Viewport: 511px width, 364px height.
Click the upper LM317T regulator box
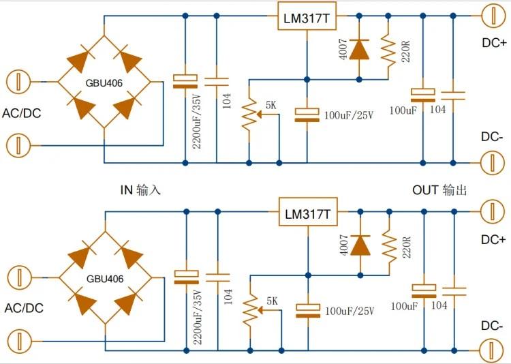[x=307, y=16]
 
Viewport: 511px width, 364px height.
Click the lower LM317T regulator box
[x=308, y=212]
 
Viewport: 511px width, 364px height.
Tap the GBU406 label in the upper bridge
[x=104, y=83]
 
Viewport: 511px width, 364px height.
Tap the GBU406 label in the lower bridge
[x=105, y=279]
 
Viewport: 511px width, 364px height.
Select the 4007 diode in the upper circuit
[x=359, y=50]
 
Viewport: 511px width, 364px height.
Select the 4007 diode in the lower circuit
[x=360, y=245]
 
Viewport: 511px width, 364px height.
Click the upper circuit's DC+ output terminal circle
[x=493, y=15]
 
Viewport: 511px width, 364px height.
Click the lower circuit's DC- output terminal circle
[x=493, y=350]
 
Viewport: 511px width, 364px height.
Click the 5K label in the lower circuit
[x=272, y=301]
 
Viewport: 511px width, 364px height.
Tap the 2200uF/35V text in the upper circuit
[x=197, y=121]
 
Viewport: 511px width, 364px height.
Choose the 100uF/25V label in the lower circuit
[x=350, y=311]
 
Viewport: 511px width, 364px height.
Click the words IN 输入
[x=140, y=189]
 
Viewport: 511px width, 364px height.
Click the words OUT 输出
[x=439, y=189]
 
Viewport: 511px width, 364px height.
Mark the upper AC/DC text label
[x=22, y=113]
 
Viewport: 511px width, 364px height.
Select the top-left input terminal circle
[x=18, y=82]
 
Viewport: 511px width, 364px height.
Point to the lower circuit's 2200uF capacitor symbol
[x=187, y=277]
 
